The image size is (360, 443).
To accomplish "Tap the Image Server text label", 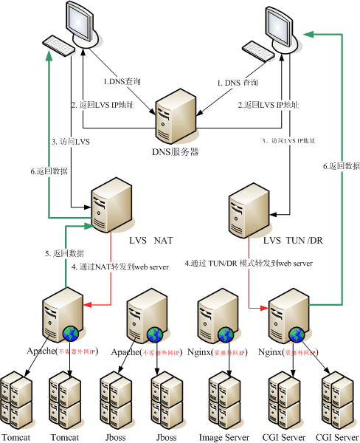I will pyautogui.click(x=224, y=437).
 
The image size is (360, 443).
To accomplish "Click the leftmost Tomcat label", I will pyautogui.click(x=16, y=437).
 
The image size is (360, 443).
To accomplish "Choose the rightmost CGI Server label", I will pyautogui.click(x=337, y=437).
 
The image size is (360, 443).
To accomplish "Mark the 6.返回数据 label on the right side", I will pyautogui.click(x=341, y=167).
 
